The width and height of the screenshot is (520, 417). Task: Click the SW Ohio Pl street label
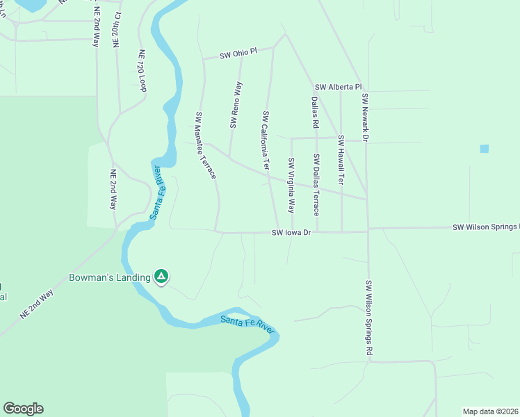coord(238,54)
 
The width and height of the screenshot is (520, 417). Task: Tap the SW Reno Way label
coord(236,105)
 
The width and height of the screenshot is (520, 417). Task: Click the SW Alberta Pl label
coord(339,87)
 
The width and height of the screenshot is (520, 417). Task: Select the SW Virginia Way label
coord(292,186)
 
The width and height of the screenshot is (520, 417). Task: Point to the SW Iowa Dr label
coord(291,233)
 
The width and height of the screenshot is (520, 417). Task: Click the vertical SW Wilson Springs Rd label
coord(368,319)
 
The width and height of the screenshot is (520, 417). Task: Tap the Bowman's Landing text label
coord(110,277)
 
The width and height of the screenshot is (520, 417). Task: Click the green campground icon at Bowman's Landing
coord(161,277)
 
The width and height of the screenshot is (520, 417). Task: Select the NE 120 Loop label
coord(143,71)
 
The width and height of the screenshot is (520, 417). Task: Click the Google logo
coord(23,409)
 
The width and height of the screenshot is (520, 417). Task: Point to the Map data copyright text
coord(491,411)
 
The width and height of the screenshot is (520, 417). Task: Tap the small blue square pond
coord(484,149)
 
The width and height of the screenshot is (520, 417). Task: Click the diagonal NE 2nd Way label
coord(37,304)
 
